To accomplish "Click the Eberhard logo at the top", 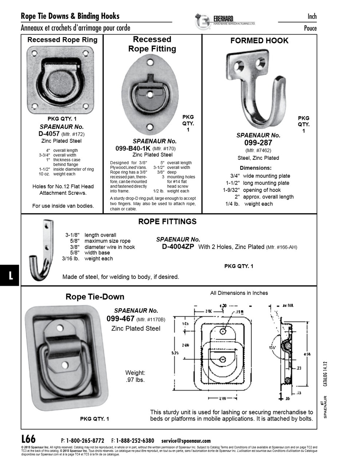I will (x=225, y=21).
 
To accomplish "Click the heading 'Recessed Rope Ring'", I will (x=62, y=40).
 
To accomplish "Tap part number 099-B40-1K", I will (x=132, y=148).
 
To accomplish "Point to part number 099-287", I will (x=258, y=143).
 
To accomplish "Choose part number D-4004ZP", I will (x=178, y=246).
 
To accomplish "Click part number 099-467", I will (x=120, y=319).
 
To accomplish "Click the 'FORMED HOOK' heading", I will (x=259, y=41).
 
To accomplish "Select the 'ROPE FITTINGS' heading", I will (x=167, y=221).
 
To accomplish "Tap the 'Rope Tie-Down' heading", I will (x=95, y=297).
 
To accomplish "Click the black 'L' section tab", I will (x=10, y=275).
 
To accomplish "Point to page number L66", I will (x=28, y=439).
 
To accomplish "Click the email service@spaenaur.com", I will (x=186, y=441).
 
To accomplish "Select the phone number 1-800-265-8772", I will (x=85, y=441).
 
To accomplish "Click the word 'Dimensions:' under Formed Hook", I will (x=256, y=168).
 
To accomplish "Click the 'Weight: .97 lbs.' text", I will (x=135, y=376).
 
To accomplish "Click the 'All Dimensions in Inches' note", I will (x=239, y=293).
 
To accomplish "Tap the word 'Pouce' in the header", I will (x=310, y=28).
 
